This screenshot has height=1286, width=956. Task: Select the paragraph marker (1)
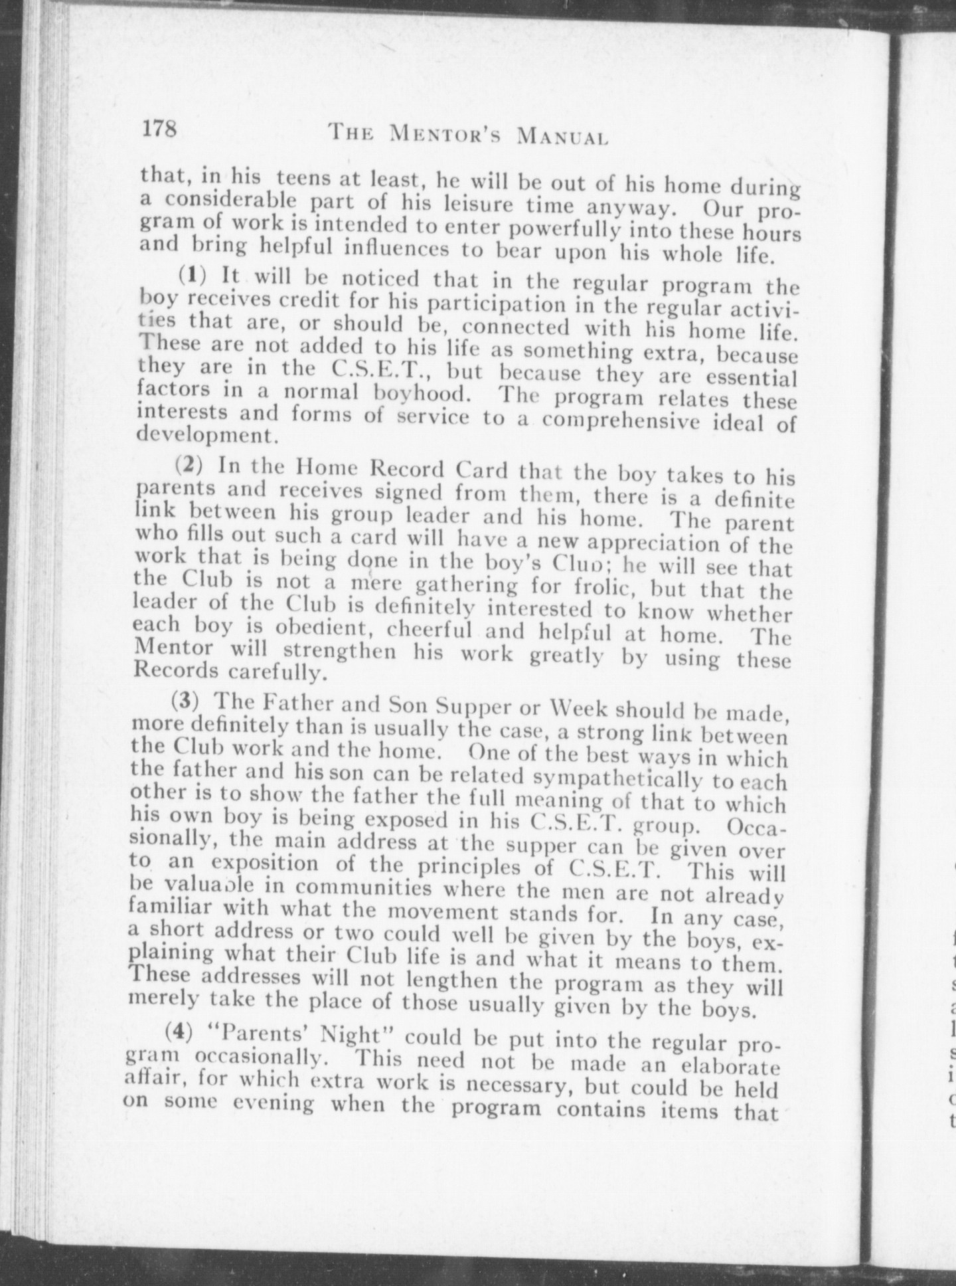click(193, 274)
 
